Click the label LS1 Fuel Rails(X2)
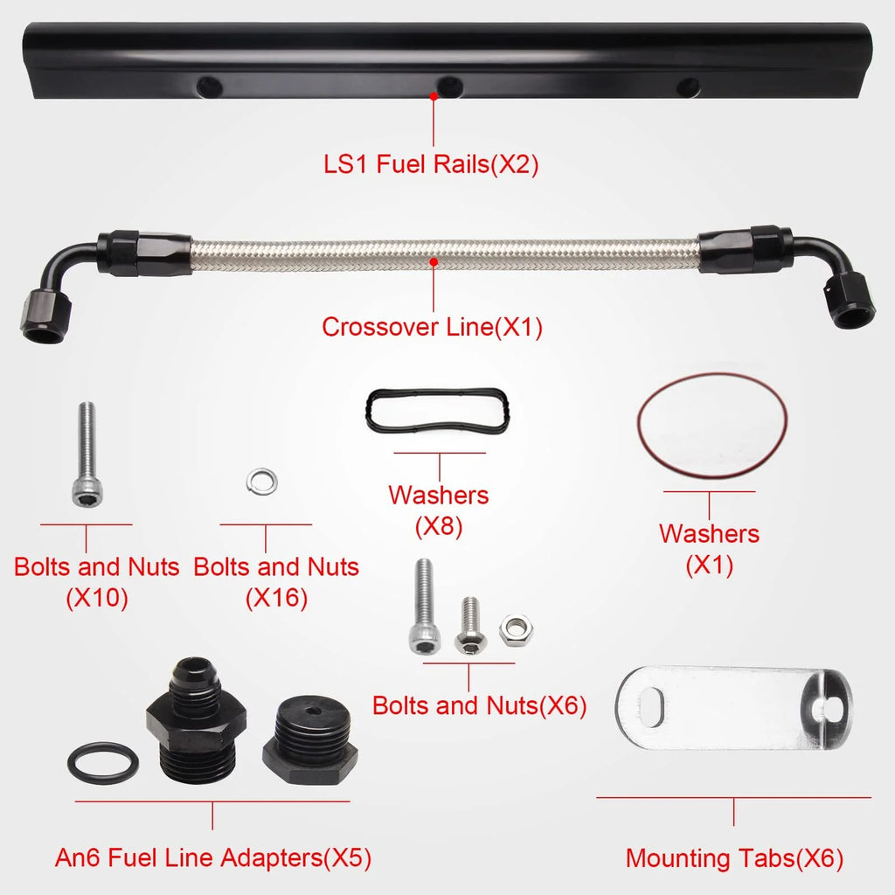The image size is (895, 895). coord(431,164)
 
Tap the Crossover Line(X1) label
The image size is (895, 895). coord(432,327)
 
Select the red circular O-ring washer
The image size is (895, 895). coord(711,372)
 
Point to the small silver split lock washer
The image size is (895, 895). coord(262,481)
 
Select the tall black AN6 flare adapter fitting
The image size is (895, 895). coord(197,719)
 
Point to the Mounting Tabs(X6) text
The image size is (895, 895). coord(734,858)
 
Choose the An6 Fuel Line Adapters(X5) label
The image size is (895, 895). coord(213,858)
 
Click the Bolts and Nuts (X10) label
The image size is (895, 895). coord(96,582)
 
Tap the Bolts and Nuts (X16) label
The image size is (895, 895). coord(276,582)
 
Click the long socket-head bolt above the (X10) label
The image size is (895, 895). coord(87,454)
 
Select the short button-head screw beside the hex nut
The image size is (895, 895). coord(469,626)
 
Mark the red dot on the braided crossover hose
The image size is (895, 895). coord(434,262)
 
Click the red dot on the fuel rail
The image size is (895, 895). coord(434,96)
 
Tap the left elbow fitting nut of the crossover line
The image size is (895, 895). coord(45,313)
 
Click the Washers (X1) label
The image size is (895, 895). coord(710,549)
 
